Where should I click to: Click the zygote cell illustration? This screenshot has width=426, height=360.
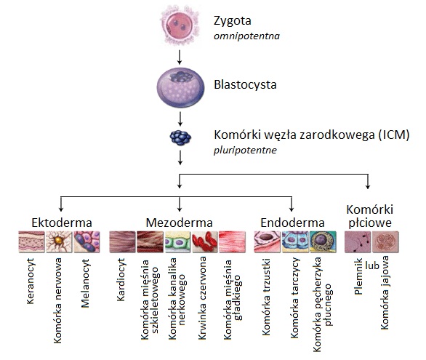[180, 26]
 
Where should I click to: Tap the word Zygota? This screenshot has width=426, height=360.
[233, 22]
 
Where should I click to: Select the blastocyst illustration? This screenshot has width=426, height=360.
[180, 87]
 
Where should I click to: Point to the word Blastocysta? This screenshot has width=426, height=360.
[245, 84]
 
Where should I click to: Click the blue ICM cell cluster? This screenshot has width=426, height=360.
[180, 137]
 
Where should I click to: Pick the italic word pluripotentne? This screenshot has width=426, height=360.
[245, 151]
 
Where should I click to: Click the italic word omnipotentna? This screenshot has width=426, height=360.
[246, 36]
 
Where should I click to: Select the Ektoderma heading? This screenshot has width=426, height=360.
[62, 223]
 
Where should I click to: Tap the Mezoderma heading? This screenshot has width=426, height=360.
[179, 223]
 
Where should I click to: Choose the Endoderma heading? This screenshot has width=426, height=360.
[293, 223]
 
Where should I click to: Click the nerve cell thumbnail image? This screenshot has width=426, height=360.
[59, 241]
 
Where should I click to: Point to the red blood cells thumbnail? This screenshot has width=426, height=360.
[204, 241]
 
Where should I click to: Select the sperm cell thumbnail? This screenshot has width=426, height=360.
[358, 241]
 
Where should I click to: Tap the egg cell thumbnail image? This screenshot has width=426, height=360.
[385, 241]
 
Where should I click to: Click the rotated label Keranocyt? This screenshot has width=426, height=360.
[31, 281]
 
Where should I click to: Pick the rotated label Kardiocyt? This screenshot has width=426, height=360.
[121, 280]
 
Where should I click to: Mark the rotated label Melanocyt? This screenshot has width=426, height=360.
[85, 283]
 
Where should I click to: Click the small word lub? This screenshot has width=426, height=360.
[372, 265]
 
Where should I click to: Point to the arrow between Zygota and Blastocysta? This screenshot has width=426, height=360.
[180, 57]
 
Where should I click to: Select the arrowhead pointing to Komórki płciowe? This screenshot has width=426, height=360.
[368, 186]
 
